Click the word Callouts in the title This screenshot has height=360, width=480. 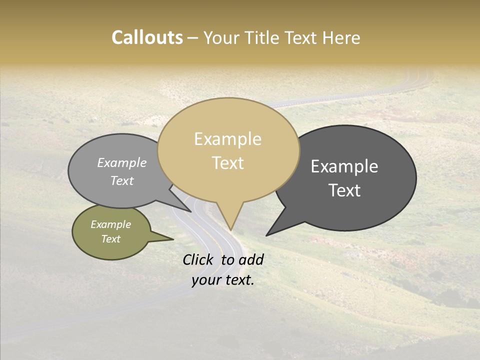click(147, 37)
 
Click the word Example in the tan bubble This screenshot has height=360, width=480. click(227, 139)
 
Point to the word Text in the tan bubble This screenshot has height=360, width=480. click(228, 163)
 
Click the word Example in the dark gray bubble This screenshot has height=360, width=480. click(344, 166)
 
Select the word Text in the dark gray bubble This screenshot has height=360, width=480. click(345, 190)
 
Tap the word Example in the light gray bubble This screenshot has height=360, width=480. click(122, 162)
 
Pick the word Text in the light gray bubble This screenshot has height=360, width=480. click(122, 180)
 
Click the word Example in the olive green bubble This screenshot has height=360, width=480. click(111, 224)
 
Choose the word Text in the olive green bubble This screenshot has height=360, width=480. click(111, 239)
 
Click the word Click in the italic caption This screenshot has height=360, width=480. click(199, 259)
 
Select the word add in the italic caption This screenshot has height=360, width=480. click(251, 259)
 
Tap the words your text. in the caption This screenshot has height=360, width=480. click(223, 280)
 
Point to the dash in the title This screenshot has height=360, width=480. click(193, 38)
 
